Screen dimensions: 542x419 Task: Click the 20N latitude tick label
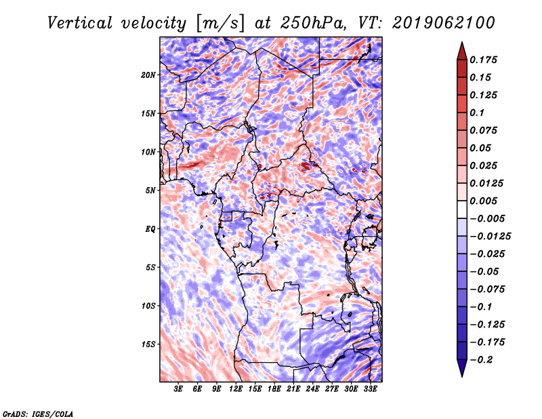148,75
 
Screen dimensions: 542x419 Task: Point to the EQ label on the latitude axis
150,229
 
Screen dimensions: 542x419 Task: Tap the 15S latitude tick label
148,344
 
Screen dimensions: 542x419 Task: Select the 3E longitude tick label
178,389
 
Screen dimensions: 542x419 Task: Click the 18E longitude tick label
274,389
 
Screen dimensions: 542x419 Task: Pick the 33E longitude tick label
370,389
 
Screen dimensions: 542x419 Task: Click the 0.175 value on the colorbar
483,60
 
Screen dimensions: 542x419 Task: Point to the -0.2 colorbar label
481,360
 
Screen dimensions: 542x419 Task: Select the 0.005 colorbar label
483,201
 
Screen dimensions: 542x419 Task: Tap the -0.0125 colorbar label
490,237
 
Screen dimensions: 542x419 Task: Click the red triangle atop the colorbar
462,51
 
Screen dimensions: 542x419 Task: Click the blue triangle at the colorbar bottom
462,368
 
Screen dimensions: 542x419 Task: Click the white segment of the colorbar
462,209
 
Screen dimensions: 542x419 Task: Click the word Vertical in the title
80,23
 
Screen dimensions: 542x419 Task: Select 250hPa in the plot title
313,23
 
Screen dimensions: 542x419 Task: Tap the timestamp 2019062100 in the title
444,23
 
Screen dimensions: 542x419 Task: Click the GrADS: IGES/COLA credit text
38,414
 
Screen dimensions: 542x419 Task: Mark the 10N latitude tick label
148,152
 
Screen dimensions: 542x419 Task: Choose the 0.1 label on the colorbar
477,113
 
